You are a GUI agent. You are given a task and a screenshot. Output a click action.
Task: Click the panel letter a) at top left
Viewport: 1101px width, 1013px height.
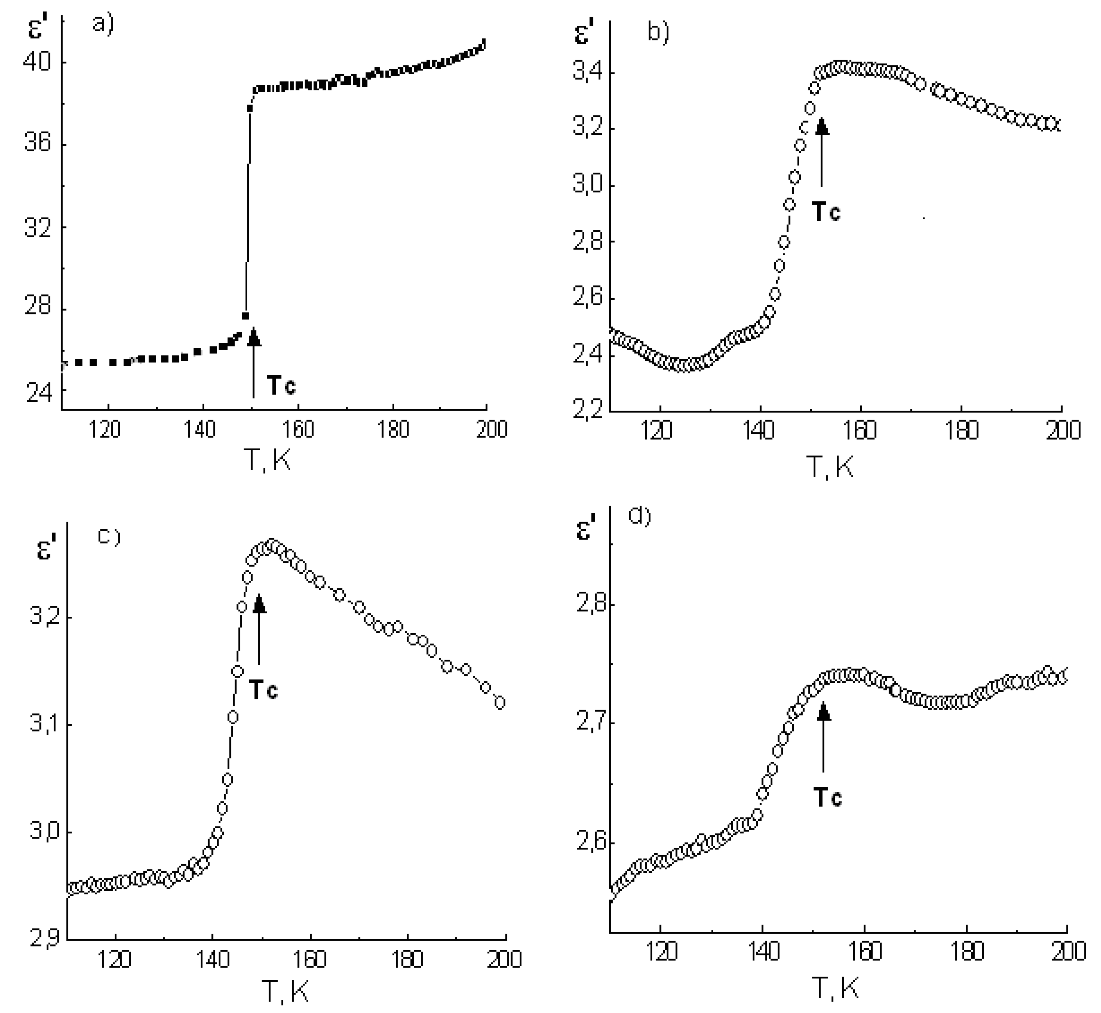click(103, 25)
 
